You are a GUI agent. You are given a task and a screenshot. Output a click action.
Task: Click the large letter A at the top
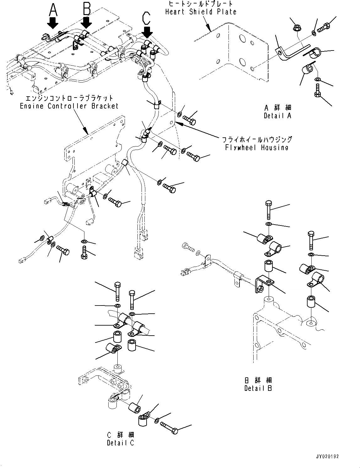coord(53,10)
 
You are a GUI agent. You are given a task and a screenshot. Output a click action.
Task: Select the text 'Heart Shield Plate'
coord(201,12)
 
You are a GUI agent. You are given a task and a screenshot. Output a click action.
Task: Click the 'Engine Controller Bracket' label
coord(69,106)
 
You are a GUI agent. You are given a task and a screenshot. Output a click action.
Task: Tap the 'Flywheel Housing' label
coord(257,147)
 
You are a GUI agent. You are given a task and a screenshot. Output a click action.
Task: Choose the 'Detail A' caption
coord(277,116)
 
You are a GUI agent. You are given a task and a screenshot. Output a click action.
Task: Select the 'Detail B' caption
coord(258,388)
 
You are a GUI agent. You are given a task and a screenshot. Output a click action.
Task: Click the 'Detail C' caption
coord(121,443)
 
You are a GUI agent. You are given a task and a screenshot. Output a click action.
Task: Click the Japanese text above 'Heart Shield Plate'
coord(201,4)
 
